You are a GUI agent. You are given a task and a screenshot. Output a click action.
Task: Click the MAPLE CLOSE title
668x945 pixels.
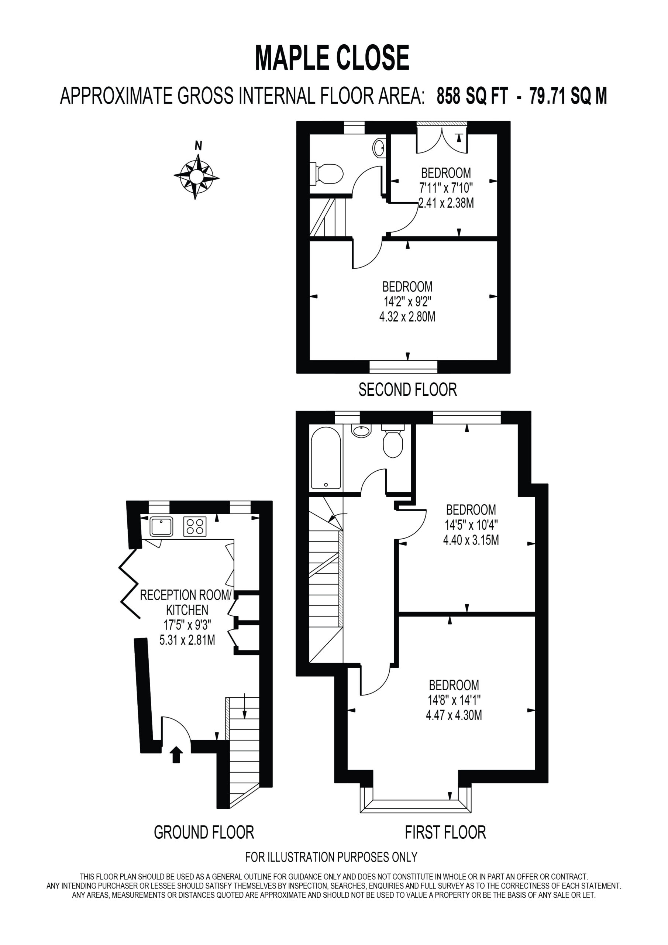tap(332, 58)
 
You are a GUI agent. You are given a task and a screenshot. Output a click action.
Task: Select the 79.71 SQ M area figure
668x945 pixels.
tap(568, 96)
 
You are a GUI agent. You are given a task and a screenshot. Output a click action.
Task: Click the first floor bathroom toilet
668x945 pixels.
tap(393, 441)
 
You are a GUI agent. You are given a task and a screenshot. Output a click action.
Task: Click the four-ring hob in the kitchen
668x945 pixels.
tap(194, 526)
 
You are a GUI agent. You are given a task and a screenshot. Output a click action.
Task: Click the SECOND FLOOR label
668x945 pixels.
tap(407, 389)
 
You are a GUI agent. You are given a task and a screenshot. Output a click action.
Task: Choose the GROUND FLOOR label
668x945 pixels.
tap(204, 832)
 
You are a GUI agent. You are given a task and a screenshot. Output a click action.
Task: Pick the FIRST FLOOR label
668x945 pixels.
tap(445, 832)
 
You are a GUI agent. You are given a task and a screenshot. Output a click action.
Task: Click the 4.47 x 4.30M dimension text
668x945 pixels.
tap(454, 715)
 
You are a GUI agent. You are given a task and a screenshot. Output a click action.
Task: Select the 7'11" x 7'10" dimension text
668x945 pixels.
tap(446, 188)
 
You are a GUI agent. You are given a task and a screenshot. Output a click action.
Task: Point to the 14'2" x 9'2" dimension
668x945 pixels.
tap(407, 302)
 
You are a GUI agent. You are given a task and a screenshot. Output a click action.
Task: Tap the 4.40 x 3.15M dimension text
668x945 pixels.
tap(471, 540)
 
